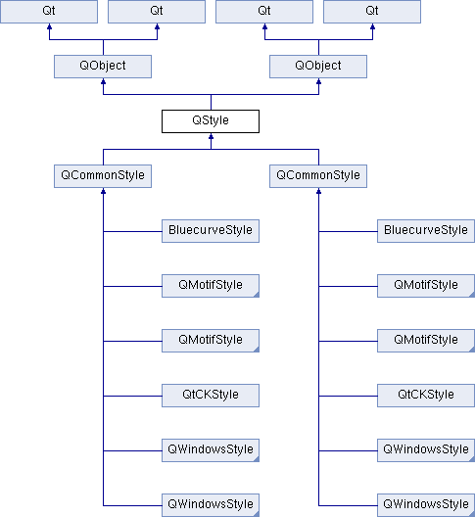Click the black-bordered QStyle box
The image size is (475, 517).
click(211, 121)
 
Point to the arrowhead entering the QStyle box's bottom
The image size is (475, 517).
click(212, 136)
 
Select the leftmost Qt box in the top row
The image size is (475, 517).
click(49, 12)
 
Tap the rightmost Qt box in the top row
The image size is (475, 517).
click(372, 12)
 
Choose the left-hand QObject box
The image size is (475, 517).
click(103, 67)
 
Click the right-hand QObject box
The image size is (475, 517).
click(318, 67)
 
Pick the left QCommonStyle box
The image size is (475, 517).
click(103, 176)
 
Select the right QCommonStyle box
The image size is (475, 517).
click(318, 176)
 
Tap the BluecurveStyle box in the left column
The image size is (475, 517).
click(211, 231)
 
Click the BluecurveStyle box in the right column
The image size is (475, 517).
click(426, 231)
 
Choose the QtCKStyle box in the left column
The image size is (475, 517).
click(211, 396)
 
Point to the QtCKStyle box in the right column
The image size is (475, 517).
click(426, 396)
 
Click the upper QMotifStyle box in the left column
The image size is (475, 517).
click(211, 286)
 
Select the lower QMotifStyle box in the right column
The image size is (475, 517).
click(426, 341)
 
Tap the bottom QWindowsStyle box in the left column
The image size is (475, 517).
click(211, 505)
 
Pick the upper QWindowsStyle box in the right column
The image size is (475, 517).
click(426, 450)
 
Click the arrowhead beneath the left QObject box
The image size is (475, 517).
click(103, 81)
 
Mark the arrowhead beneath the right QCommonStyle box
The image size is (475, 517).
click(318, 191)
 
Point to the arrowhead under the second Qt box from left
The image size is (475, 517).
click(157, 26)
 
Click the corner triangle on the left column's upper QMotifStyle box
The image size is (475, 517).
click(257, 295)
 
